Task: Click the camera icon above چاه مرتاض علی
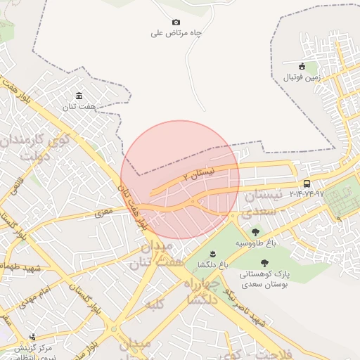coord(176,22)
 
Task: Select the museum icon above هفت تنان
coord(79,96)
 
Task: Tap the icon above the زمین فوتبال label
coord(303,65)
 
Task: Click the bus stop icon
coord(307,184)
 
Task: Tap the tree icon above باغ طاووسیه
coord(255,232)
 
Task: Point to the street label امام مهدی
coord(56,290)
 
